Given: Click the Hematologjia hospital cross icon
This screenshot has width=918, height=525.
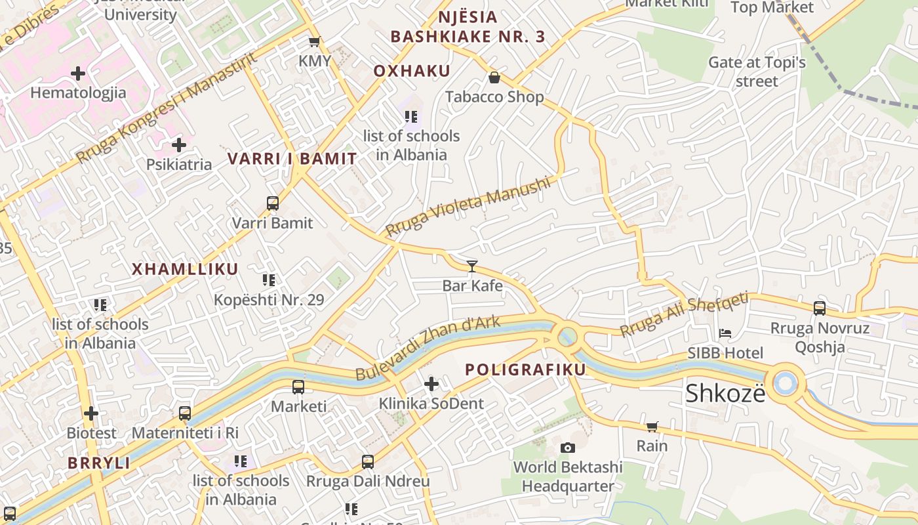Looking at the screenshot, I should (78, 73).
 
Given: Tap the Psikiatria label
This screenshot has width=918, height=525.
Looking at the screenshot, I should (179, 164).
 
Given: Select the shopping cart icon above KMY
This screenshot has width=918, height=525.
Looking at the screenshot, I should (315, 42).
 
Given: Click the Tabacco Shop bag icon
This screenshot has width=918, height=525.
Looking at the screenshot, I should (494, 78).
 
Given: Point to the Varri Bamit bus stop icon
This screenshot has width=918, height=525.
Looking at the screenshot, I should (273, 203).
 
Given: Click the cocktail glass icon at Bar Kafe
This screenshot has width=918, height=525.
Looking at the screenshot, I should (471, 266).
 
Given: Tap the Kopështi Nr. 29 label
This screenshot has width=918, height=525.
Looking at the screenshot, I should (269, 300).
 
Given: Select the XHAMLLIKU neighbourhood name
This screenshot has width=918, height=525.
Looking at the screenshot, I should (185, 269).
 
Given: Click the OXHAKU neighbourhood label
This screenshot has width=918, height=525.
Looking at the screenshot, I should (412, 71).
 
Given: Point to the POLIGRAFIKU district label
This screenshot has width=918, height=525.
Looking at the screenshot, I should (525, 369).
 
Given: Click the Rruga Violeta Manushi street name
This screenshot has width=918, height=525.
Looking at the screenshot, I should (467, 206).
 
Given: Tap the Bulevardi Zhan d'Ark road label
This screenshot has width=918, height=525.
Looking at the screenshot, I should (428, 348).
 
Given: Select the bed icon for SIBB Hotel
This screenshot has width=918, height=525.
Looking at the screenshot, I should (725, 333).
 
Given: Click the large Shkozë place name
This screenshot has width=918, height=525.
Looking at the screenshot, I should (725, 393).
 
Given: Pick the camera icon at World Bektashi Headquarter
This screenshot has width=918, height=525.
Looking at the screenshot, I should (568, 448).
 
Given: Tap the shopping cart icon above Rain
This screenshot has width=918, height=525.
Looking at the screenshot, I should (652, 427).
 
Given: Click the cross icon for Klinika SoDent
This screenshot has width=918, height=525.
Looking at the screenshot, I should (431, 383).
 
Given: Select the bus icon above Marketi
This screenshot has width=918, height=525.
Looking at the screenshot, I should (298, 387).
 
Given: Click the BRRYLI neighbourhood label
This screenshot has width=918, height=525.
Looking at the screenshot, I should (98, 463).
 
